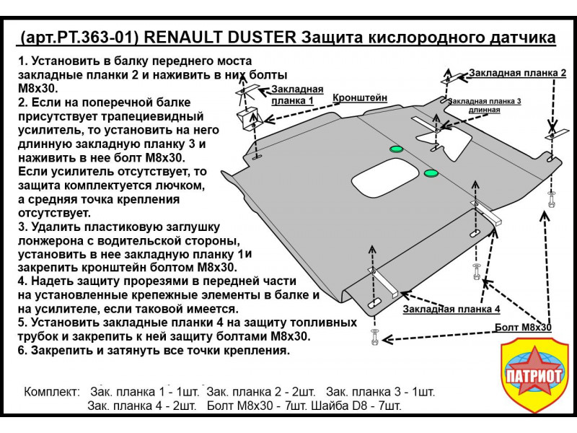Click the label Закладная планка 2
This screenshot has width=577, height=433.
(x=517, y=74)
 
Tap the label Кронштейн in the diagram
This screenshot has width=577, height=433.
(x=360, y=97)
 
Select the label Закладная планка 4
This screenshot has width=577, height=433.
(x=452, y=309)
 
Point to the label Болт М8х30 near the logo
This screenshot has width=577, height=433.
(x=524, y=327)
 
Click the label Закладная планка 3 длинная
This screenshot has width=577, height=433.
(x=485, y=105)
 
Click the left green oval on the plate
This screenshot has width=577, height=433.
(x=396, y=149)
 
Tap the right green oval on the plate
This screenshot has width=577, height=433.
(x=431, y=172)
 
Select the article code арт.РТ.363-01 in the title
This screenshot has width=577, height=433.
(x=82, y=37)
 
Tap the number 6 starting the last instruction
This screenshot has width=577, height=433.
(x=22, y=351)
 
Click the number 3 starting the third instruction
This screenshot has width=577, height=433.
(x=22, y=227)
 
